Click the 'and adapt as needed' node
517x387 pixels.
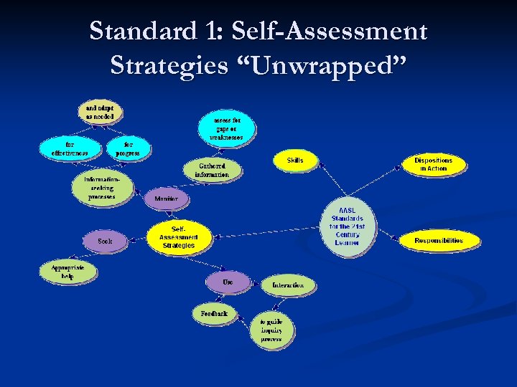pyautogui.click(x=100, y=112)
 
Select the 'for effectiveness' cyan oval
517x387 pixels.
pyautogui.click(x=70, y=148)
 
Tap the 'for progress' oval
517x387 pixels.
pyautogui.click(x=128, y=148)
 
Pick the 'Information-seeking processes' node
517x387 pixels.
pyautogui.click(x=102, y=188)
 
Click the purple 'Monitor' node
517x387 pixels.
pyautogui.click(x=167, y=199)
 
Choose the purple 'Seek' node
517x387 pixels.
pyautogui.click(x=105, y=242)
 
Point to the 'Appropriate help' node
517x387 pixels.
pyautogui.click(x=67, y=272)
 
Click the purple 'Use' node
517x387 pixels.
pyautogui.click(x=228, y=282)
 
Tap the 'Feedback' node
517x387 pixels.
pyautogui.click(x=214, y=313)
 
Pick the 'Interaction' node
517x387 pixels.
pyautogui.click(x=288, y=285)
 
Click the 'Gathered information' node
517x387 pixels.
pyautogui.click(x=212, y=170)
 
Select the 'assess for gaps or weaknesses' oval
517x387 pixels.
pyautogui.click(x=226, y=128)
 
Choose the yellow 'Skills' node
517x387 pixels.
pyautogui.click(x=295, y=161)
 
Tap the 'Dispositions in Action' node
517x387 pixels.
pyautogui.click(x=434, y=164)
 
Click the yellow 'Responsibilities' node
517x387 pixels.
pyautogui.click(x=439, y=241)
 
